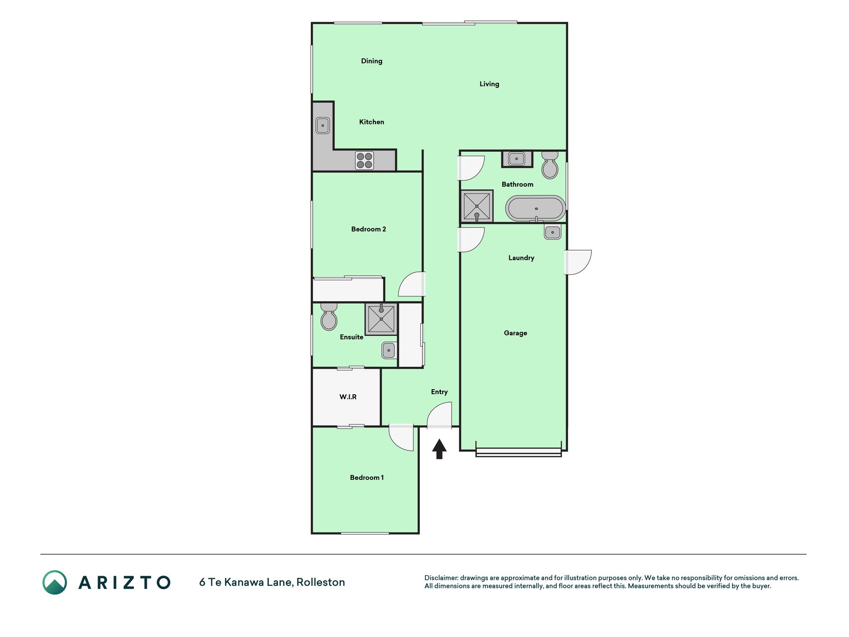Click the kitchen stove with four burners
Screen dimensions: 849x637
[365, 160]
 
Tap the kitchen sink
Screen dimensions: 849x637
[323, 125]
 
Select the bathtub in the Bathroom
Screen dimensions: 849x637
[535, 209]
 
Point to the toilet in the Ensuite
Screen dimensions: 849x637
[329, 317]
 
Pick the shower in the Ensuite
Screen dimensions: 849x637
[381, 319]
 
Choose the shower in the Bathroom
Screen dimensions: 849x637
[476, 206]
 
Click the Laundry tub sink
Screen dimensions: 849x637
[553, 232]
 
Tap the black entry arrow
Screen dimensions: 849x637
[439, 448]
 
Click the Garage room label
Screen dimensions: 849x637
[515, 333]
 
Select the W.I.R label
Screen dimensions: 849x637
[348, 397]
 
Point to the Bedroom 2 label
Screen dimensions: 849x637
[369, 229]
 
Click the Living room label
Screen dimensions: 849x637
[489, 84]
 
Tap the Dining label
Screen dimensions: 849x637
[372, 61]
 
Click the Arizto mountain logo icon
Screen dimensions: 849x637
[55, 582]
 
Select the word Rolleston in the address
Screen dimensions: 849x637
[321, 582]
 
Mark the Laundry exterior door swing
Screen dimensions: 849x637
[578, 262]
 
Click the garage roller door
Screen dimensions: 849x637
[518, 452]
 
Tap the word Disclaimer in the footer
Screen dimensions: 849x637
[441, 578]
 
